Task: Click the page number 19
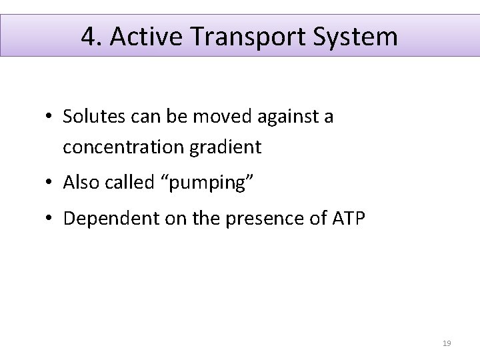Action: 447,343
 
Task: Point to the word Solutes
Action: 88,117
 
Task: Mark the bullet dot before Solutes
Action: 50,118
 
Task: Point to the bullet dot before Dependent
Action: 50,218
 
